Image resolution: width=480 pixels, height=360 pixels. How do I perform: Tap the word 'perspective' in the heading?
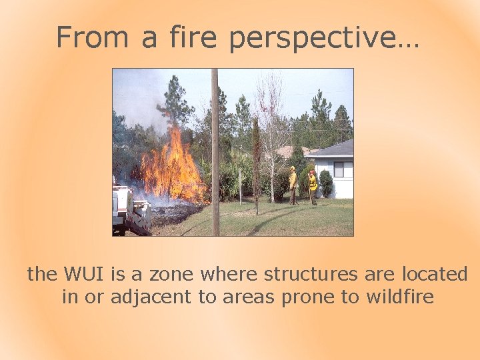pos(324,38)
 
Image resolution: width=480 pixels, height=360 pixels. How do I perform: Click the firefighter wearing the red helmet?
pos(312,186)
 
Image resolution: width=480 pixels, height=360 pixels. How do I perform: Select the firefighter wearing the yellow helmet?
pos(292,184)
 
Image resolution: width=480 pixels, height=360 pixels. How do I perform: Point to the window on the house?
pos(343,169)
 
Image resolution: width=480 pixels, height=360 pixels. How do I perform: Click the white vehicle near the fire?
pos(127,210)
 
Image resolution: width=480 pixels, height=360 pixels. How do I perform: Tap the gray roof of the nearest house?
pos(337,149)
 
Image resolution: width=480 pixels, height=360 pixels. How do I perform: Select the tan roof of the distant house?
pos(293,151)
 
